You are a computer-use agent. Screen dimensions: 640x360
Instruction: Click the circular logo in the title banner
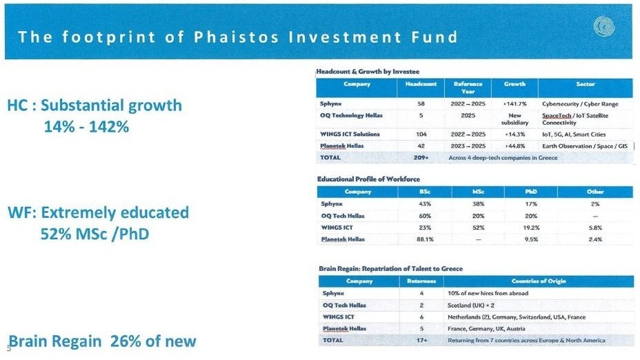pyautogui.click(x=604, y=26)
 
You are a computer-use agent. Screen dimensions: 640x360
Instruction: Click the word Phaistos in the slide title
pyautogui.click(x=236, y=37)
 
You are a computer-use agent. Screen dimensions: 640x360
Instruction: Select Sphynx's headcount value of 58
pyautogui.click(x=421, y=104)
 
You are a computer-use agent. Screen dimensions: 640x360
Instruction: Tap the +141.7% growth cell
pyautogui.click(x=514, y=104)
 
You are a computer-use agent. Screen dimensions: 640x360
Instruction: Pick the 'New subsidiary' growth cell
pyautogui.click(x=514, y=119)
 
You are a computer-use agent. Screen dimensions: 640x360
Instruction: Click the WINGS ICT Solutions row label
pyautogui.click(x=350, y=134)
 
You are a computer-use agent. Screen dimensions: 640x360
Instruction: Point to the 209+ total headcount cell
pyautogui.click(x=421, y=157)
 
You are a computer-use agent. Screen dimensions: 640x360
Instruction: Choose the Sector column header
pyautogui.click(x=586, y=84)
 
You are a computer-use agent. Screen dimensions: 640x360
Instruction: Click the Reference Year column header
pyautogui.click(x=468, y=88)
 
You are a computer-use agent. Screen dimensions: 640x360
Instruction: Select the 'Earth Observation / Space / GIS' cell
pyautogui.click(x=585, y=146)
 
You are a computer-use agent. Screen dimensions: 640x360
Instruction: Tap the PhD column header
pyautogui.click(x=531, y=192)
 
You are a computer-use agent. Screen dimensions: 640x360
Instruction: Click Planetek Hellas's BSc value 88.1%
pyautogui.click(x=425, y=239)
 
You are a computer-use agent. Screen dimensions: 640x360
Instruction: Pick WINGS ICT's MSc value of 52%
pyautogui.click(x=478, y=228)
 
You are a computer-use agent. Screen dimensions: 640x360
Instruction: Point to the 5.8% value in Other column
pyautogui.click(x=595, y=228)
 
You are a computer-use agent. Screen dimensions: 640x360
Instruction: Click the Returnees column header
pyautogui.click(x=421, y=281)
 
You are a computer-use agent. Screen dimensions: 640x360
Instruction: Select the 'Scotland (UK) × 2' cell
pyautogui.click(x=470, y=306)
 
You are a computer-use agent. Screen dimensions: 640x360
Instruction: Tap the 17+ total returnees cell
pyautogui.click(x=421, y=341)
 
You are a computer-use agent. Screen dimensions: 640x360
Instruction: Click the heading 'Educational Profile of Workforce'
pyautogui.click(x=368, y=179)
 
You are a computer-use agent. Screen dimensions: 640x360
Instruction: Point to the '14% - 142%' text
pyautogui.click(x=86, y=127)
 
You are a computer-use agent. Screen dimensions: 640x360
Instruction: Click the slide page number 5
pyautogui.click(x=9, y=348)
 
